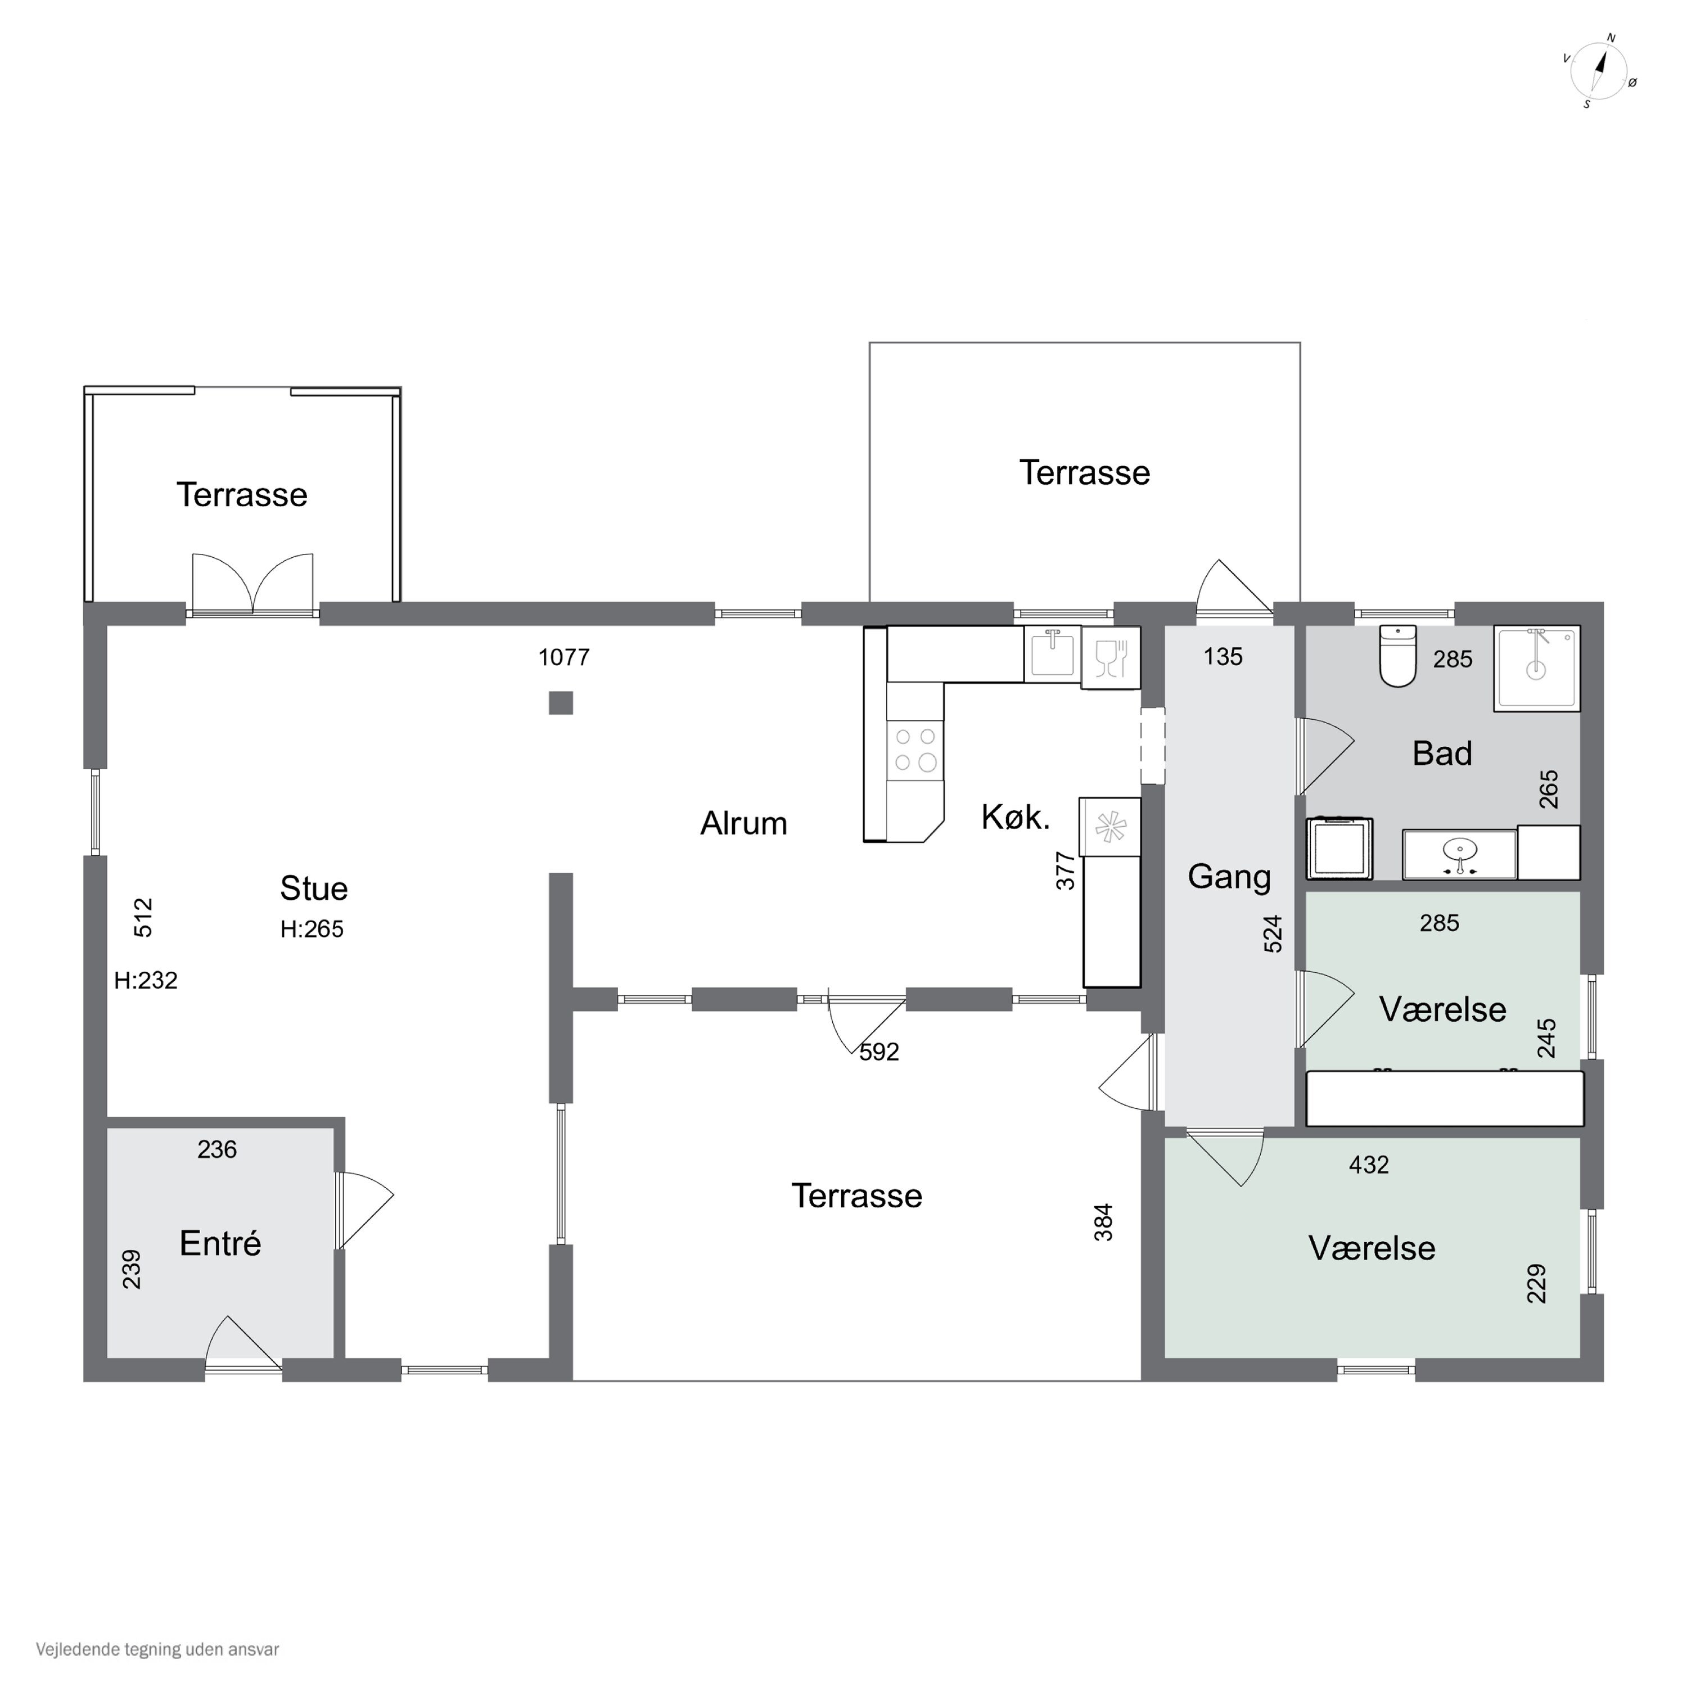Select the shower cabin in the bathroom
pos(1537,668)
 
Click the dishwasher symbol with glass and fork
pos(1111,657)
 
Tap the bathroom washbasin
pos(1460,855)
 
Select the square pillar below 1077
pos(561,703)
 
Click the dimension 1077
pos(564,657)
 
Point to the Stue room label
pos(313,888)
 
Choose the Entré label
pos(220,1243)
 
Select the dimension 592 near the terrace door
pos(879,1052)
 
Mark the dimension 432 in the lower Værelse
pos(1368,1165)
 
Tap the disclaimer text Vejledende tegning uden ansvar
pos(157,1649)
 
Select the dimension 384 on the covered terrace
pos(1104,1221)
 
